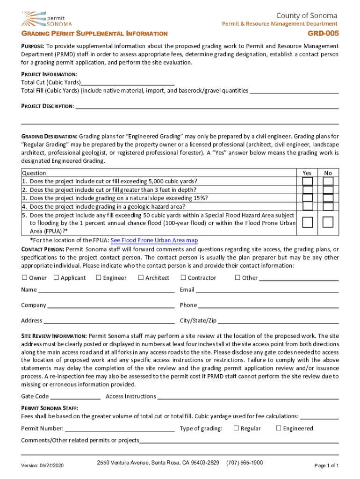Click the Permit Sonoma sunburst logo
(34, 18)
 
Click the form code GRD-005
(323, 34)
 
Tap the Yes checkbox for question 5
(307, 222)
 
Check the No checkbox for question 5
(328, 222)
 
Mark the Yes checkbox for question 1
(307, 181)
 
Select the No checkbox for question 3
(328, 198)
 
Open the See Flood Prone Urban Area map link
(154, 240)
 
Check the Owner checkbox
(24, 278)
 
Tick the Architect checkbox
(141, 278)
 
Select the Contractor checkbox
(183, 278)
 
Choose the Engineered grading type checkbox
(279, 428)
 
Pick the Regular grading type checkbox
(236, 428)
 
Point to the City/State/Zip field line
(278, 323)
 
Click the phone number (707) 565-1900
(245, 463)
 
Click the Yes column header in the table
(307, 173)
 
